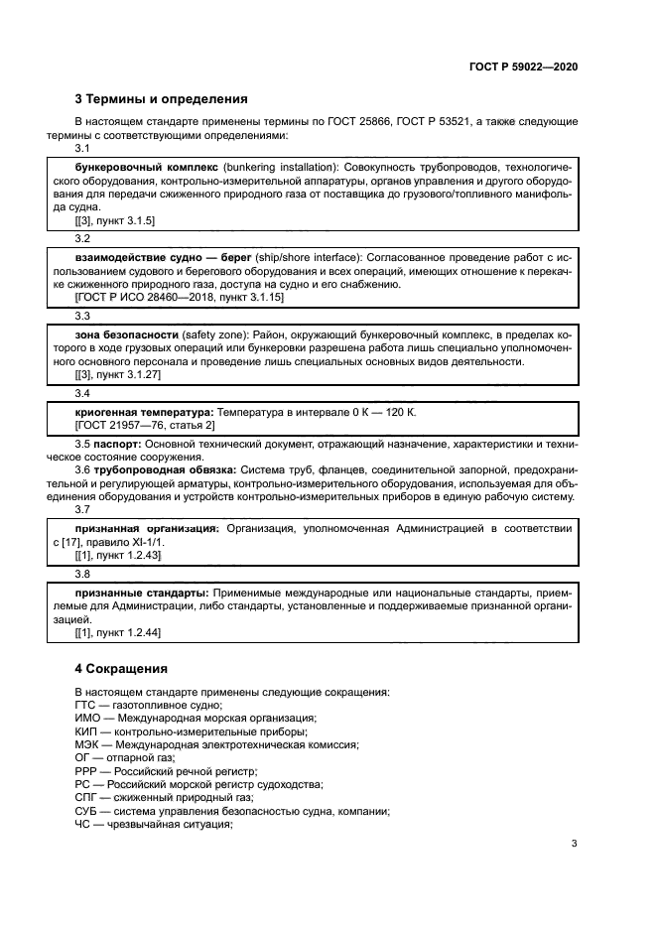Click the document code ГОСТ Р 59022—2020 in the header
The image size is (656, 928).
point(523,66)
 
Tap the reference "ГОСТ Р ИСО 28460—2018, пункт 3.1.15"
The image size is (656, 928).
point(180,296)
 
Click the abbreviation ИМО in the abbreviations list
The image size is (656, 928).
point(86,718)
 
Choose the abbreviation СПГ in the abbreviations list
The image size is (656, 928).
point(86,796)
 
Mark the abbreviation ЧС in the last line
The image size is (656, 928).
point(83,822)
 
